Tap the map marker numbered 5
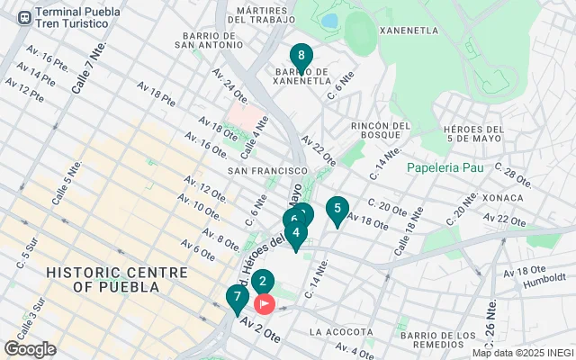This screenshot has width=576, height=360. pyautogui.click(x=337, y=211)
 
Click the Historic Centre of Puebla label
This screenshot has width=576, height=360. pyautogui.click(x=103, y=279)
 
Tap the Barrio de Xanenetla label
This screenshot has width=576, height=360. pyautogui.click(x=311, y=75)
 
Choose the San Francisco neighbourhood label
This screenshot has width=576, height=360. pyautogui.click(x=267, y=170)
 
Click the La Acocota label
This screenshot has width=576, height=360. pyautogui.click(x=340, y=332)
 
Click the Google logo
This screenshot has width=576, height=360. pyautogui.click(x=30, y=348)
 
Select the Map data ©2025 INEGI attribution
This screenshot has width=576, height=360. pyautogui.click(x=522, y=353)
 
